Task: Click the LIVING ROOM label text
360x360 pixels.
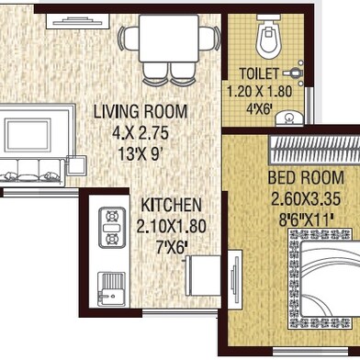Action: (x=141, y=112)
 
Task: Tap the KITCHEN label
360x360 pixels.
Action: (x=172, y=205)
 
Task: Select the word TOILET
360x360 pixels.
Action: (x=259, y=73)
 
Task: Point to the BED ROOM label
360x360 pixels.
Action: (x=306, y=178)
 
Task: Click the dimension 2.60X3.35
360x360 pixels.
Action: (x=306, y=199)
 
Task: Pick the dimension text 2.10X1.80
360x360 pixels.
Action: (x=171, y=227)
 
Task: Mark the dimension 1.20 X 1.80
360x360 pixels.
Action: (x=259, y=92)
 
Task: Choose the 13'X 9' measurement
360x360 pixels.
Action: (x=140, y=154)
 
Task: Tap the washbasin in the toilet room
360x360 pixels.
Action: (x=289, y=118)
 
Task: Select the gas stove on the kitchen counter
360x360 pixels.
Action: (x=112, y=228)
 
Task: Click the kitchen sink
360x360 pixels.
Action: (x=111, y=289)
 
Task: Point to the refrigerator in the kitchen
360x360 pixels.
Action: (x=203, y=276)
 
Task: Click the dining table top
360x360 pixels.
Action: (x=169, y=39)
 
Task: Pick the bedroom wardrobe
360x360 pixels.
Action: (x=314, y=150)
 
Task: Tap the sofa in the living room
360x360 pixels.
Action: (x=32, y=172)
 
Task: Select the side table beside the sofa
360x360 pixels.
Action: (x=76, y=165)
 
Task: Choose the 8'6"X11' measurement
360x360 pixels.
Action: (x=306, y=219)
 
